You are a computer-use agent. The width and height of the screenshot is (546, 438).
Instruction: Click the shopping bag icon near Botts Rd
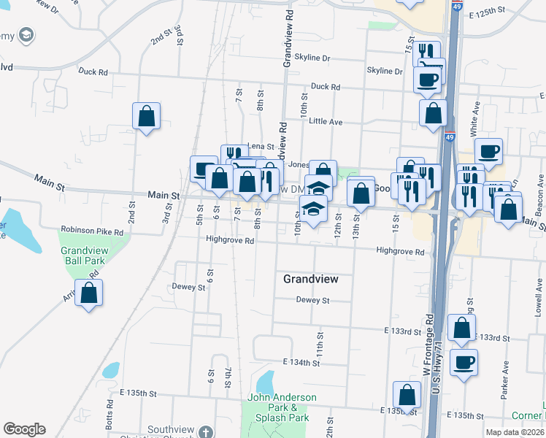tap(88, 293)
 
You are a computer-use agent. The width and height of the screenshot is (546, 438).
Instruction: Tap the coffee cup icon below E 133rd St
tap(464, 362)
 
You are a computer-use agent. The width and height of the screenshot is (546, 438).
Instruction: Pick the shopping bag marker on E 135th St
tap(407, 395)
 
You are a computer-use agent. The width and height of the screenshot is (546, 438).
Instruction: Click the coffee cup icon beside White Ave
tap(488, 151)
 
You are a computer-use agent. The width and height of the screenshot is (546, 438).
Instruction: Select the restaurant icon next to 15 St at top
tap(426, 53)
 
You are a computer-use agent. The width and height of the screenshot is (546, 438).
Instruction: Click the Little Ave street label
tap(326, 121)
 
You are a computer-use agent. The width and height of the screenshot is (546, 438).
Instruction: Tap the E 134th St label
tap(301, 362)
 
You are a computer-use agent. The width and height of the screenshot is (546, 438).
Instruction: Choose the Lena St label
tap(260, 147)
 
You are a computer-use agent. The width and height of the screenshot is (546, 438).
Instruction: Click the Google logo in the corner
tap(24, 429)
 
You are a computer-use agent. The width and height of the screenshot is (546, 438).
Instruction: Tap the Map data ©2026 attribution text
tap(515, 432)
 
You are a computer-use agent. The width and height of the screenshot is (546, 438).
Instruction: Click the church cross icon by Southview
tap(207, 431)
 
